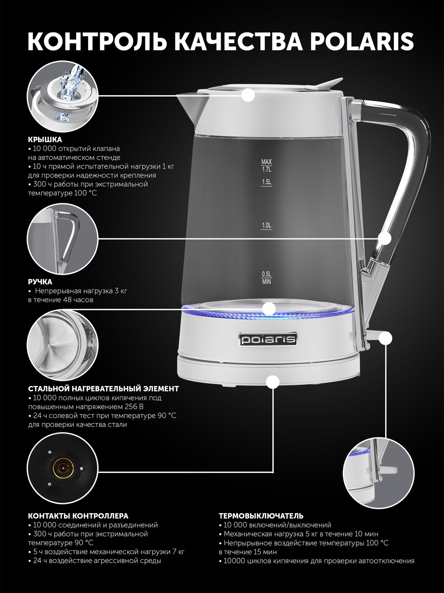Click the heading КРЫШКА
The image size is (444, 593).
pos(45,140)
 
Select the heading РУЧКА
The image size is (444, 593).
pos(40,282)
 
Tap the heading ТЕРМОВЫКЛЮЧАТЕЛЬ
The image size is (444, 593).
pos(261,516)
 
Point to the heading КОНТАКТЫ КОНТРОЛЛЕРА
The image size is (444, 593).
pos(78,516)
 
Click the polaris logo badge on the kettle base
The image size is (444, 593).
pos(268,339)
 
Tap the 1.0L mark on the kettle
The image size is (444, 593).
pos(266,226)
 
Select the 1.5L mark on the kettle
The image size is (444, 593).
pos(266,182)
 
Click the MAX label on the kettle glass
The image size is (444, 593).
pos(266,162)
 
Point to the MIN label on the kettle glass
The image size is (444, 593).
pos(266,282)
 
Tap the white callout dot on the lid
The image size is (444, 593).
pos(248,95)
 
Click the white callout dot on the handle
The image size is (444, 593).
pos(384,238)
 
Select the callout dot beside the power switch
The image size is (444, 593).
pos(385,338)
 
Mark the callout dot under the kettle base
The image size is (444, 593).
pos(273,382)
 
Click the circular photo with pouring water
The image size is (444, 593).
pos(63,96)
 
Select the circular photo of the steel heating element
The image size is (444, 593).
pos(63,345)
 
